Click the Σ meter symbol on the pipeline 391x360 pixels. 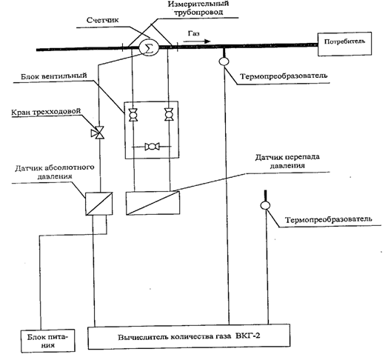(x=149, y=47)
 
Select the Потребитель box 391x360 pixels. (x=344, y=44)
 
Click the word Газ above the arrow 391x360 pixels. (x=194, y=33)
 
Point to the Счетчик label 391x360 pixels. (x=103, y=20)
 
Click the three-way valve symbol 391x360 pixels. (x=98, y=133)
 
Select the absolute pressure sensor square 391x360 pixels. (x=99, y=204)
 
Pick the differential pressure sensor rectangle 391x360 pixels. (x=153, y=203)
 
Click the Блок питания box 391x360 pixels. (x=48, y=341)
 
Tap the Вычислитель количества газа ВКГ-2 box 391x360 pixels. (x=189, y=336)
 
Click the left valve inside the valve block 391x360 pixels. (x=133, y=115)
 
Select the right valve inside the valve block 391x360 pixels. (x=169, y=115)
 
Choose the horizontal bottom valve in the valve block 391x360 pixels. (x=152, y=147)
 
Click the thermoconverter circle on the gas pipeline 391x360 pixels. (x=224, y=61)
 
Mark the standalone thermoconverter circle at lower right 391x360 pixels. (x=265, y=205)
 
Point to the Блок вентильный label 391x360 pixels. (x=54, y=76)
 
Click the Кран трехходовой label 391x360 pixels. (x=47, y=112)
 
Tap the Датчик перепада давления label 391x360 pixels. (x=287, y=161)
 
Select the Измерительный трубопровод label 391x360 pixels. (x=198, y=7)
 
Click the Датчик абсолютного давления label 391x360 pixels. (x=55, y=172)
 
